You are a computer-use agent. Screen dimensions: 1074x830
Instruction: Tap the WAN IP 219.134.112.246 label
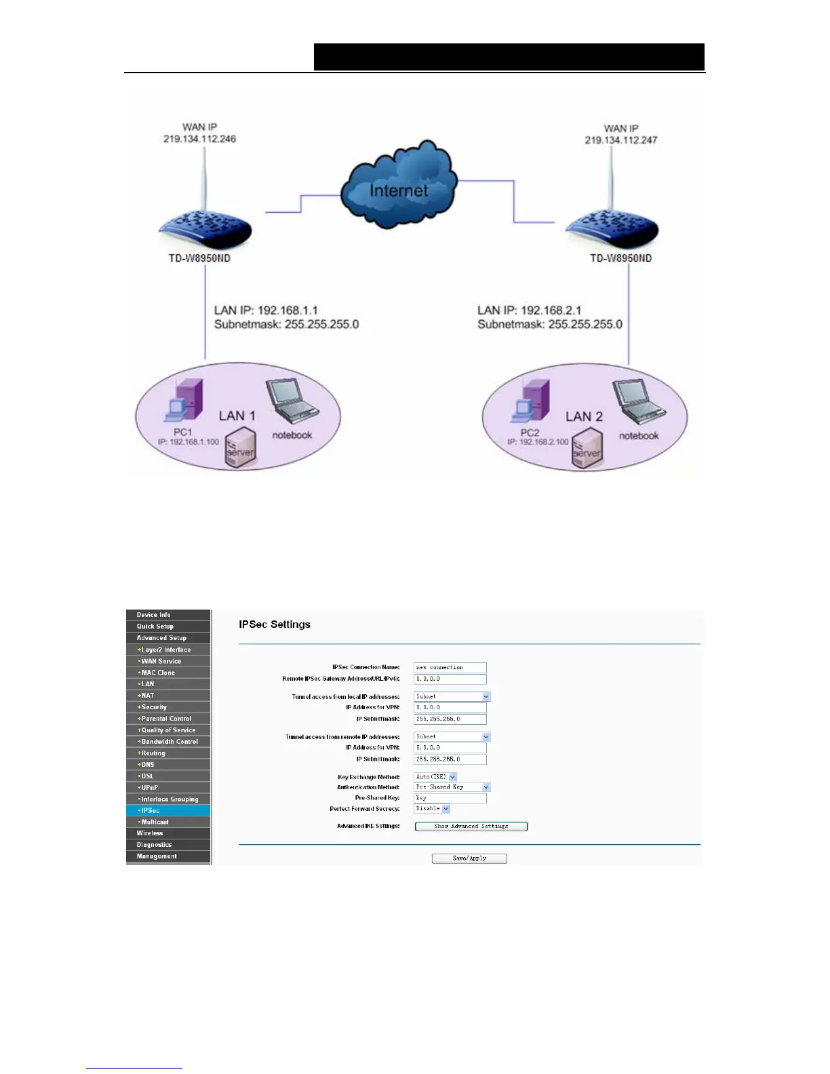point(199,133)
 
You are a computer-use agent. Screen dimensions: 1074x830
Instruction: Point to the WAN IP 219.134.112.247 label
point(620,134)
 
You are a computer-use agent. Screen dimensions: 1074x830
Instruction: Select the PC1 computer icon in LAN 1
point(186,401)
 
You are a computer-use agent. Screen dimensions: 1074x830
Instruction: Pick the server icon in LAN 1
point(241,449)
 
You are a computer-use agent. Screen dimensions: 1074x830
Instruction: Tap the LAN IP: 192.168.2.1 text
point(529,310)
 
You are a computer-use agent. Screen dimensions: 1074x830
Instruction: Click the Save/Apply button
point(469,858)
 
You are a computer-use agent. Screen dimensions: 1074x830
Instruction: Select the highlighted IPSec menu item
point(168,810)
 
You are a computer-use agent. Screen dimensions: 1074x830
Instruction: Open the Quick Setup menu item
point(168,626)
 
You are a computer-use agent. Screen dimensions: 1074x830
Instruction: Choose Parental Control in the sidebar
point(168,719)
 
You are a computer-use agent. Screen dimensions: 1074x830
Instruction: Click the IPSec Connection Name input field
point(450,667)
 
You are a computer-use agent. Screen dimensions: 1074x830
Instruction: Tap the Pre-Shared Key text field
point(450,798)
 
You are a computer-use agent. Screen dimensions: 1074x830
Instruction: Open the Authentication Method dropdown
point(452,787)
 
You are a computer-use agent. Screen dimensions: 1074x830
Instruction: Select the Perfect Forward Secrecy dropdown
point(432,809)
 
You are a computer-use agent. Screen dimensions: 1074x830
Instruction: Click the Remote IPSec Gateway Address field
point(450,679)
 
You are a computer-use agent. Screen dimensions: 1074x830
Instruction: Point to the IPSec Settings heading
point(275,624)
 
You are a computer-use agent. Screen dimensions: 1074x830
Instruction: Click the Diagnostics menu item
point(168,845)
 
